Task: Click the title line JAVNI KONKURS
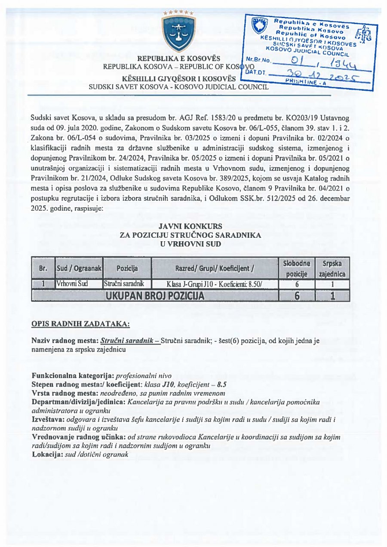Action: [190, 226]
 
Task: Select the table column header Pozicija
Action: [127, 269]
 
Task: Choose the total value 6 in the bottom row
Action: [297, 295]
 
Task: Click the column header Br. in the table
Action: [43, 269]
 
